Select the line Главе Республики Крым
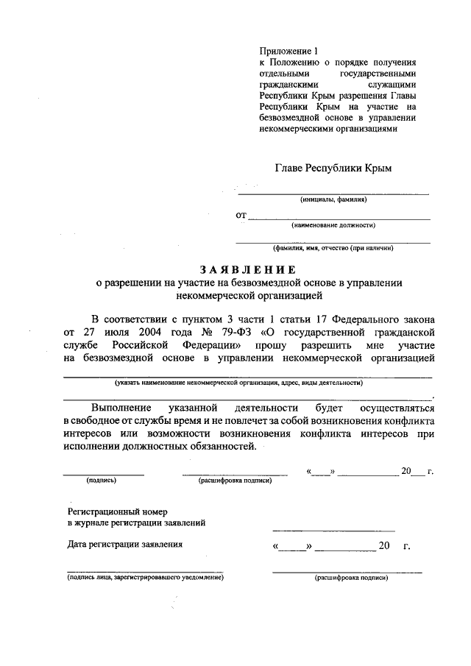tap(333, 168)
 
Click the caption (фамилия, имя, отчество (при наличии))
tap(333, 249)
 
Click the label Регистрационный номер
tap(118, 510)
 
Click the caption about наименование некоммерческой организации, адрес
tap(238, 383)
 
